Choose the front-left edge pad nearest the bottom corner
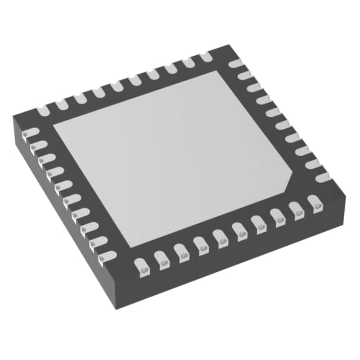click(x=105, y=256)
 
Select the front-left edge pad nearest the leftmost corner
click(x=31, y=133)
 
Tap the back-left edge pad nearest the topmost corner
click(x=204, y=56)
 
